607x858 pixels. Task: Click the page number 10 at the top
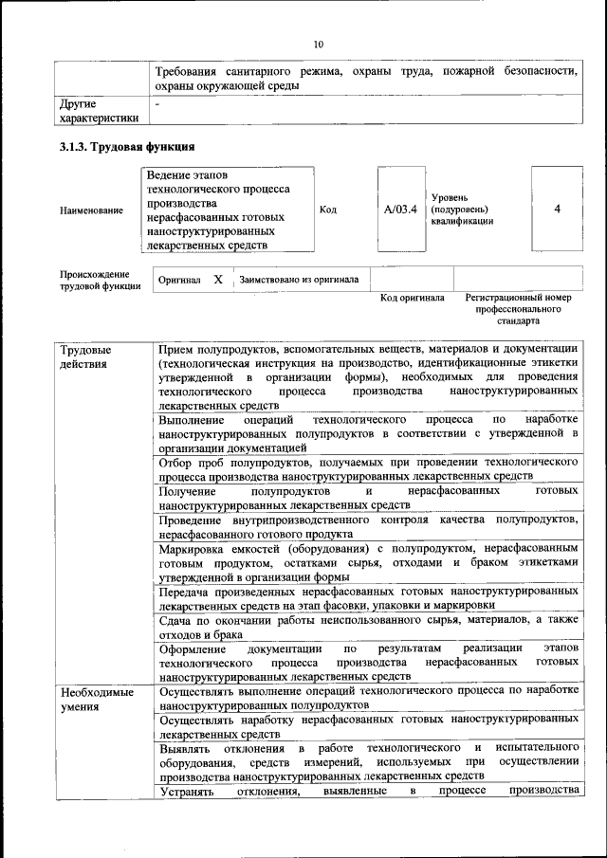point(319,44)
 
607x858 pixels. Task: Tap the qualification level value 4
point(557,209)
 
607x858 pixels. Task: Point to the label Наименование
point(91,210)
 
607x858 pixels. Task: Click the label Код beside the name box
point(328,210)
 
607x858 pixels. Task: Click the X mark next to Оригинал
point(218,280)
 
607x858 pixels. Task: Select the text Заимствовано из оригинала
point(299,280)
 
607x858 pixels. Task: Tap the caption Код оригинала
point(413,298)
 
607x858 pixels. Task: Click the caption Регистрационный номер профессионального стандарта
point(519,309)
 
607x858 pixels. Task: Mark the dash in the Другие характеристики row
point(158,100)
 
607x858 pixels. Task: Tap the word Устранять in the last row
point(188,790)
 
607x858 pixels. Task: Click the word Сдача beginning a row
point(176,621)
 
